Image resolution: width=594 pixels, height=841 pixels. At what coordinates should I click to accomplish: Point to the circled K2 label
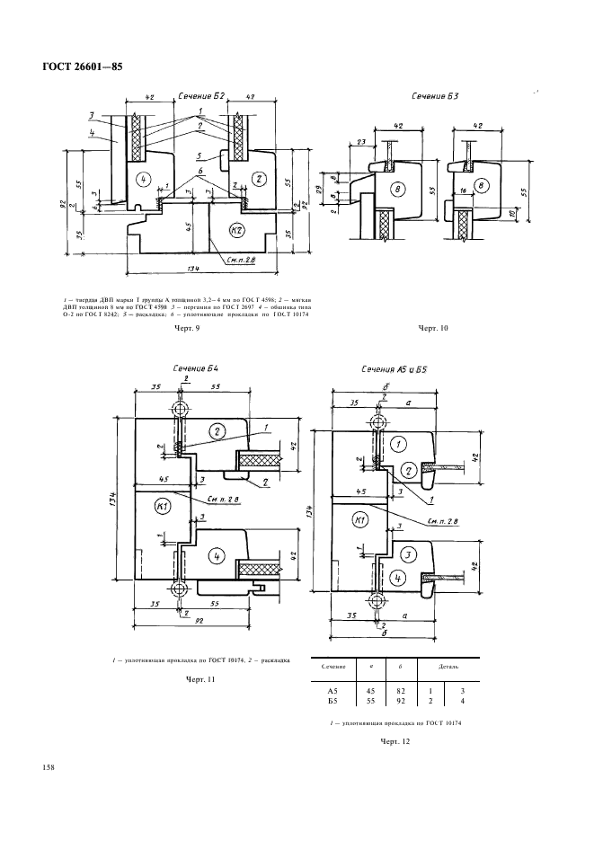(x=237, y=230)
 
